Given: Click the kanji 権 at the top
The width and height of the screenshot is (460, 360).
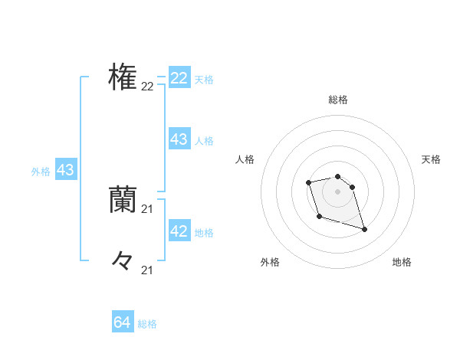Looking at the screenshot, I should [x=123, y=77].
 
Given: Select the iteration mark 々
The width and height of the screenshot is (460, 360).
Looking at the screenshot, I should [x=123, y=260].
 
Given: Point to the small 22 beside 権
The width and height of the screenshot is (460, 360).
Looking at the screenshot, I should [x=147, y=87].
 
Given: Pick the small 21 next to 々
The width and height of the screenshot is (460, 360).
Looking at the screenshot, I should [x=147, y=270].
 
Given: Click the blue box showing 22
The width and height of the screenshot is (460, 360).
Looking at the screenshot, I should [x=179, y=78].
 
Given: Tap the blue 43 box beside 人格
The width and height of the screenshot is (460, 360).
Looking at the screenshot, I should [x=179, y=139].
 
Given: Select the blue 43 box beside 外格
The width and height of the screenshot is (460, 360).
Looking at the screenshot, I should [x=65, y=170].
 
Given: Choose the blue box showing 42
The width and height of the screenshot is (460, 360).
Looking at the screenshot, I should [x=179, y=231].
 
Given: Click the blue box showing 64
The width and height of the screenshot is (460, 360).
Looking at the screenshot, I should [x=123, y=322].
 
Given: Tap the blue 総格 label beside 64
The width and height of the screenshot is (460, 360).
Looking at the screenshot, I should [x=147, y=324].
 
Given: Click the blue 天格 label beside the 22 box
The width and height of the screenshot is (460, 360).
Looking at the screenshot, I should [x=204, y=80].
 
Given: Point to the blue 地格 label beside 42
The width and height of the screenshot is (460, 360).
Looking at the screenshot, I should [x=204, y=233].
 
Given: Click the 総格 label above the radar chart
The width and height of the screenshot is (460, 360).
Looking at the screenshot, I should [x=338, y=100].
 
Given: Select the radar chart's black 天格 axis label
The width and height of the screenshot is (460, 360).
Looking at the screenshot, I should [x=432, y=159].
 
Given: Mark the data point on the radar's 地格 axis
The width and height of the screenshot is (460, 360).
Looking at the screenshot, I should [x=364, y=229].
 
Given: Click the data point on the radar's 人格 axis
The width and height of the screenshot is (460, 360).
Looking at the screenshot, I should [x=308, y=182].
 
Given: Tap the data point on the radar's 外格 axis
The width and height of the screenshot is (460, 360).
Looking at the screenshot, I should [x=319, y=217].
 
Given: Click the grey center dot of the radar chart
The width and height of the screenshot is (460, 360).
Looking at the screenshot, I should [x=338, y=191].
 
